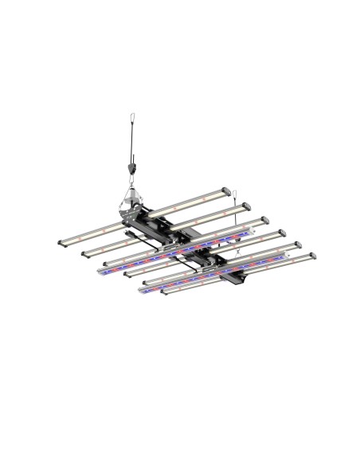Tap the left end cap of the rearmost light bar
pyautogui.click(x=62, y=240)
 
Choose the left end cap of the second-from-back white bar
pyautogui.click(x=84, y=254)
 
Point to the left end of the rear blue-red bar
pyautogui.click(x=102, y=272)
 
